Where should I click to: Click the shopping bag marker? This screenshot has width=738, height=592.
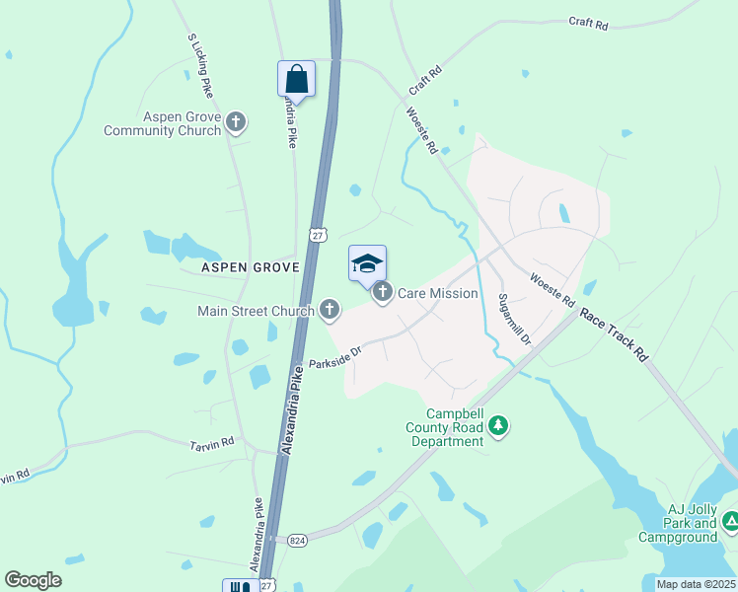(x=296, y=78)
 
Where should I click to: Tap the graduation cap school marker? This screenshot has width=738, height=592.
(x=367, y=263)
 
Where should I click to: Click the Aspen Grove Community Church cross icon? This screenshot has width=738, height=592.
(x=235, y=121)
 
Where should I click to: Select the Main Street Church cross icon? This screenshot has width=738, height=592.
(x=330, y=311)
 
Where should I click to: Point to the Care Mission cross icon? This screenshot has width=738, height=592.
(x=382, y=292)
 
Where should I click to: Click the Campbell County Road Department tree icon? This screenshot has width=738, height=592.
(x=499, y=425)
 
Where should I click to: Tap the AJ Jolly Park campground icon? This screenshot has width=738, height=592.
(x=731, y=520)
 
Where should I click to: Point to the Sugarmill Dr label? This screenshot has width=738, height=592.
(x=514, y=319)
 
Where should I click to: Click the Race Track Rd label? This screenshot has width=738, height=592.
(x=613, y=334)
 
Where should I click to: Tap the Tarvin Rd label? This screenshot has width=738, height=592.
(x=212, y=444)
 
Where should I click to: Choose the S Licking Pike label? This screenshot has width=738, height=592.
(x=199, y=65)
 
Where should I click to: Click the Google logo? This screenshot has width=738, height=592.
(x=33, y=580)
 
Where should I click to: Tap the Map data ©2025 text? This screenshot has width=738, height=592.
(x=696, y=584)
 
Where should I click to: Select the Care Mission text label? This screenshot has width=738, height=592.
(x=437, y=293)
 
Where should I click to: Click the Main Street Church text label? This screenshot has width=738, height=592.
(x=256, y=312)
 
